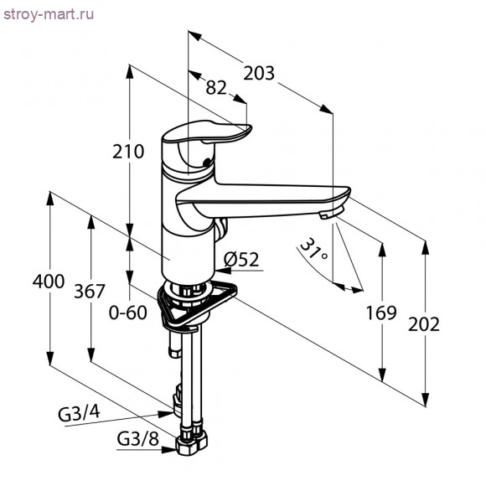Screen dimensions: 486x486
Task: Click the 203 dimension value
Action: coord(259,74)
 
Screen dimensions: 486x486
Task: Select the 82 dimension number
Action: coord(216,88)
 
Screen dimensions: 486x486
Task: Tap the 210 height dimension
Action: coord(128,152)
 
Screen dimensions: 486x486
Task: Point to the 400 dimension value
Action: coord(49,282)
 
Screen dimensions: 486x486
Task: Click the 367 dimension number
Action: coord(90,292)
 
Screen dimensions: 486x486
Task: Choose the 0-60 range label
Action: coord(127,313)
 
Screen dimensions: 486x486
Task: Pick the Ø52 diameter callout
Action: coord(241,260)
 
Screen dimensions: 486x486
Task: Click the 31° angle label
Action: coord(313,250)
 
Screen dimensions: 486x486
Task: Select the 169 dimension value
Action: coord(381,313)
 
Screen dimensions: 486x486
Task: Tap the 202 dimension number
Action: coord(424,324)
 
